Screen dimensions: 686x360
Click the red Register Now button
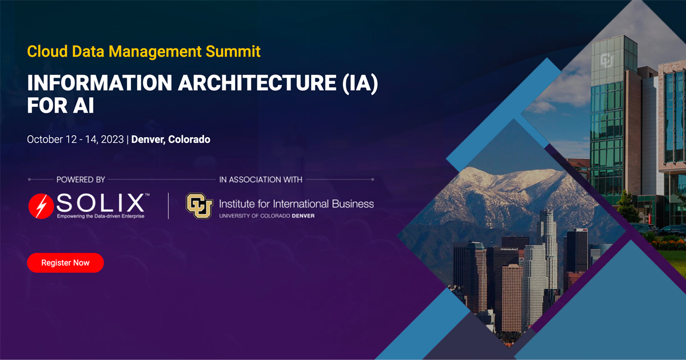point(66,263)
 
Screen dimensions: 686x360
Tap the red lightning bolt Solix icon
point(41,206)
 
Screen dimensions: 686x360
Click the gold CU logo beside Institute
point(200,206)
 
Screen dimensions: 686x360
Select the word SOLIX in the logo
point(100,202)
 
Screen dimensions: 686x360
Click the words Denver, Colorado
point(170,139)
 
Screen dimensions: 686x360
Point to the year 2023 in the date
point(112,139)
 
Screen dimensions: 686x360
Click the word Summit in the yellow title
point(233,51)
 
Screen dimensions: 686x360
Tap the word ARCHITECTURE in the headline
point(257,83)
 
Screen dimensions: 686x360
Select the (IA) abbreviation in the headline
point(360,83)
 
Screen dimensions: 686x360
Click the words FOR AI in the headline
point(61,106)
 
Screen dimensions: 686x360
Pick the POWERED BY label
point(81,179)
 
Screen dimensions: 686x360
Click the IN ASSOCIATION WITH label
point(261,179)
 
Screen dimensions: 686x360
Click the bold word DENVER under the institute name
point(303,216)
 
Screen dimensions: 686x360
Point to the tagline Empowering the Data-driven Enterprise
point(101,216)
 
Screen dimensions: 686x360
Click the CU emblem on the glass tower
point(607,61)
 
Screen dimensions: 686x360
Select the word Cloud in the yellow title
point(47,51)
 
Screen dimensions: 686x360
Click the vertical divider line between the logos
point(169,206)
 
